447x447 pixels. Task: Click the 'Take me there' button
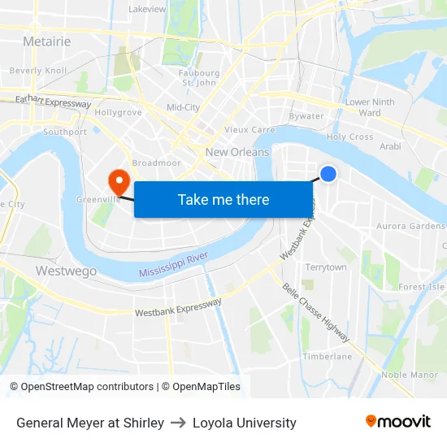(x=223, y=199)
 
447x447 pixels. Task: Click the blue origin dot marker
(x=328, y=173)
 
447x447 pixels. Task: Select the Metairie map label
(x=47, y=41)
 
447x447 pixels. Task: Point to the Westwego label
(x=67, y=271)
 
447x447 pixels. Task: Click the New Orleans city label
(x=237, y=152)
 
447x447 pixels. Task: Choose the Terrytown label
(x=326, y=267)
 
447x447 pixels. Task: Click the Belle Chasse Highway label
(x=316, y=312)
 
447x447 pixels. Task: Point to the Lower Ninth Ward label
(x=370, y=107)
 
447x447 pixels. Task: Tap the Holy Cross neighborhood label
(x=349, y=137)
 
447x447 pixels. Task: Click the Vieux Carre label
(x=250, y=129)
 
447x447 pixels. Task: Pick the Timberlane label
(x=328, y=356)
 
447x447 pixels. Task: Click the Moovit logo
(x=398, y=421)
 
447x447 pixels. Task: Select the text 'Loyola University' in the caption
(x=244, y=423)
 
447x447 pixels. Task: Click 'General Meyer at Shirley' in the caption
(x=90, y=423)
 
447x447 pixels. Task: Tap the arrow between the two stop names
(x=178, y=423)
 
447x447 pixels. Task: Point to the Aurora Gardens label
(x=410, y=226)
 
